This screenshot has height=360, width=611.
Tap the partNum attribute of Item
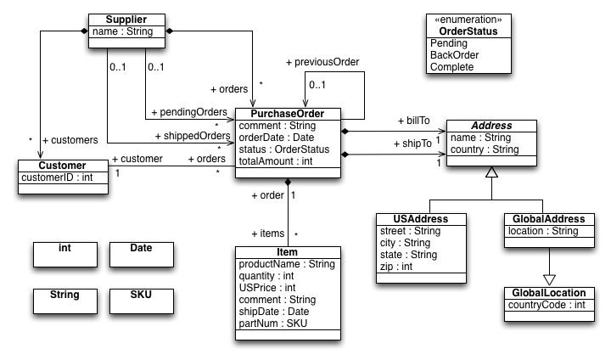point(273,323)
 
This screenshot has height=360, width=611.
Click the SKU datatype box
point(141,295)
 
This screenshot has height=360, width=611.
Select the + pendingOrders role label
point(188,112)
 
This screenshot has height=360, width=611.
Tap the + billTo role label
point(413,121)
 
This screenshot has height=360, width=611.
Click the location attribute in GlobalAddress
point(542,231)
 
